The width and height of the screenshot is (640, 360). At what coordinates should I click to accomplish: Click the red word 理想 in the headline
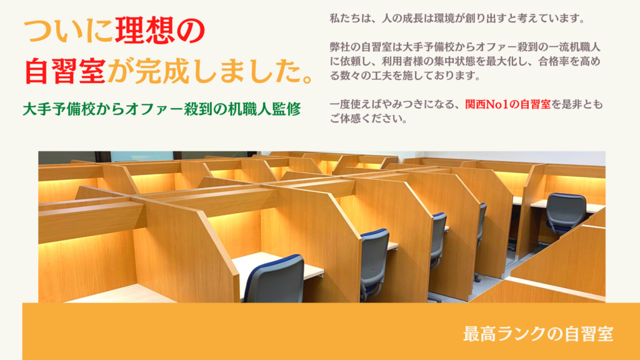(x=144, y=30)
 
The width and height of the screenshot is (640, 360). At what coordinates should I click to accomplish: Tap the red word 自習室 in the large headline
(x=65, y=71)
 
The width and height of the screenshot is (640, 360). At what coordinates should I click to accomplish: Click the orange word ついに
(x=68, y=30)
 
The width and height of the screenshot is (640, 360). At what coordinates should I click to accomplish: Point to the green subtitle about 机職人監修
(x=162, y=109)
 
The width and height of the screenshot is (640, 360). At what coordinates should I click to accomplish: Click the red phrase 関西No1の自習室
(x=507, y=104)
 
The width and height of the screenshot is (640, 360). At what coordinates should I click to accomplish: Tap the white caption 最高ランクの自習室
(x=538, y=334)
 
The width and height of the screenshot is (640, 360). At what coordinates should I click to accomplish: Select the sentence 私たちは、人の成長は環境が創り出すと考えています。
(x=457, y=18)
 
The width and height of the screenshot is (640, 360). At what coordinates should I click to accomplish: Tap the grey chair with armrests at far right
(x=565, y=214)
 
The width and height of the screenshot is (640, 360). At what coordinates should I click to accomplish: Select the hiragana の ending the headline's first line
(x=191, y=31)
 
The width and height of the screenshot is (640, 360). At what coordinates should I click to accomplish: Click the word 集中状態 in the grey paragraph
(x=444, y=61)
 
